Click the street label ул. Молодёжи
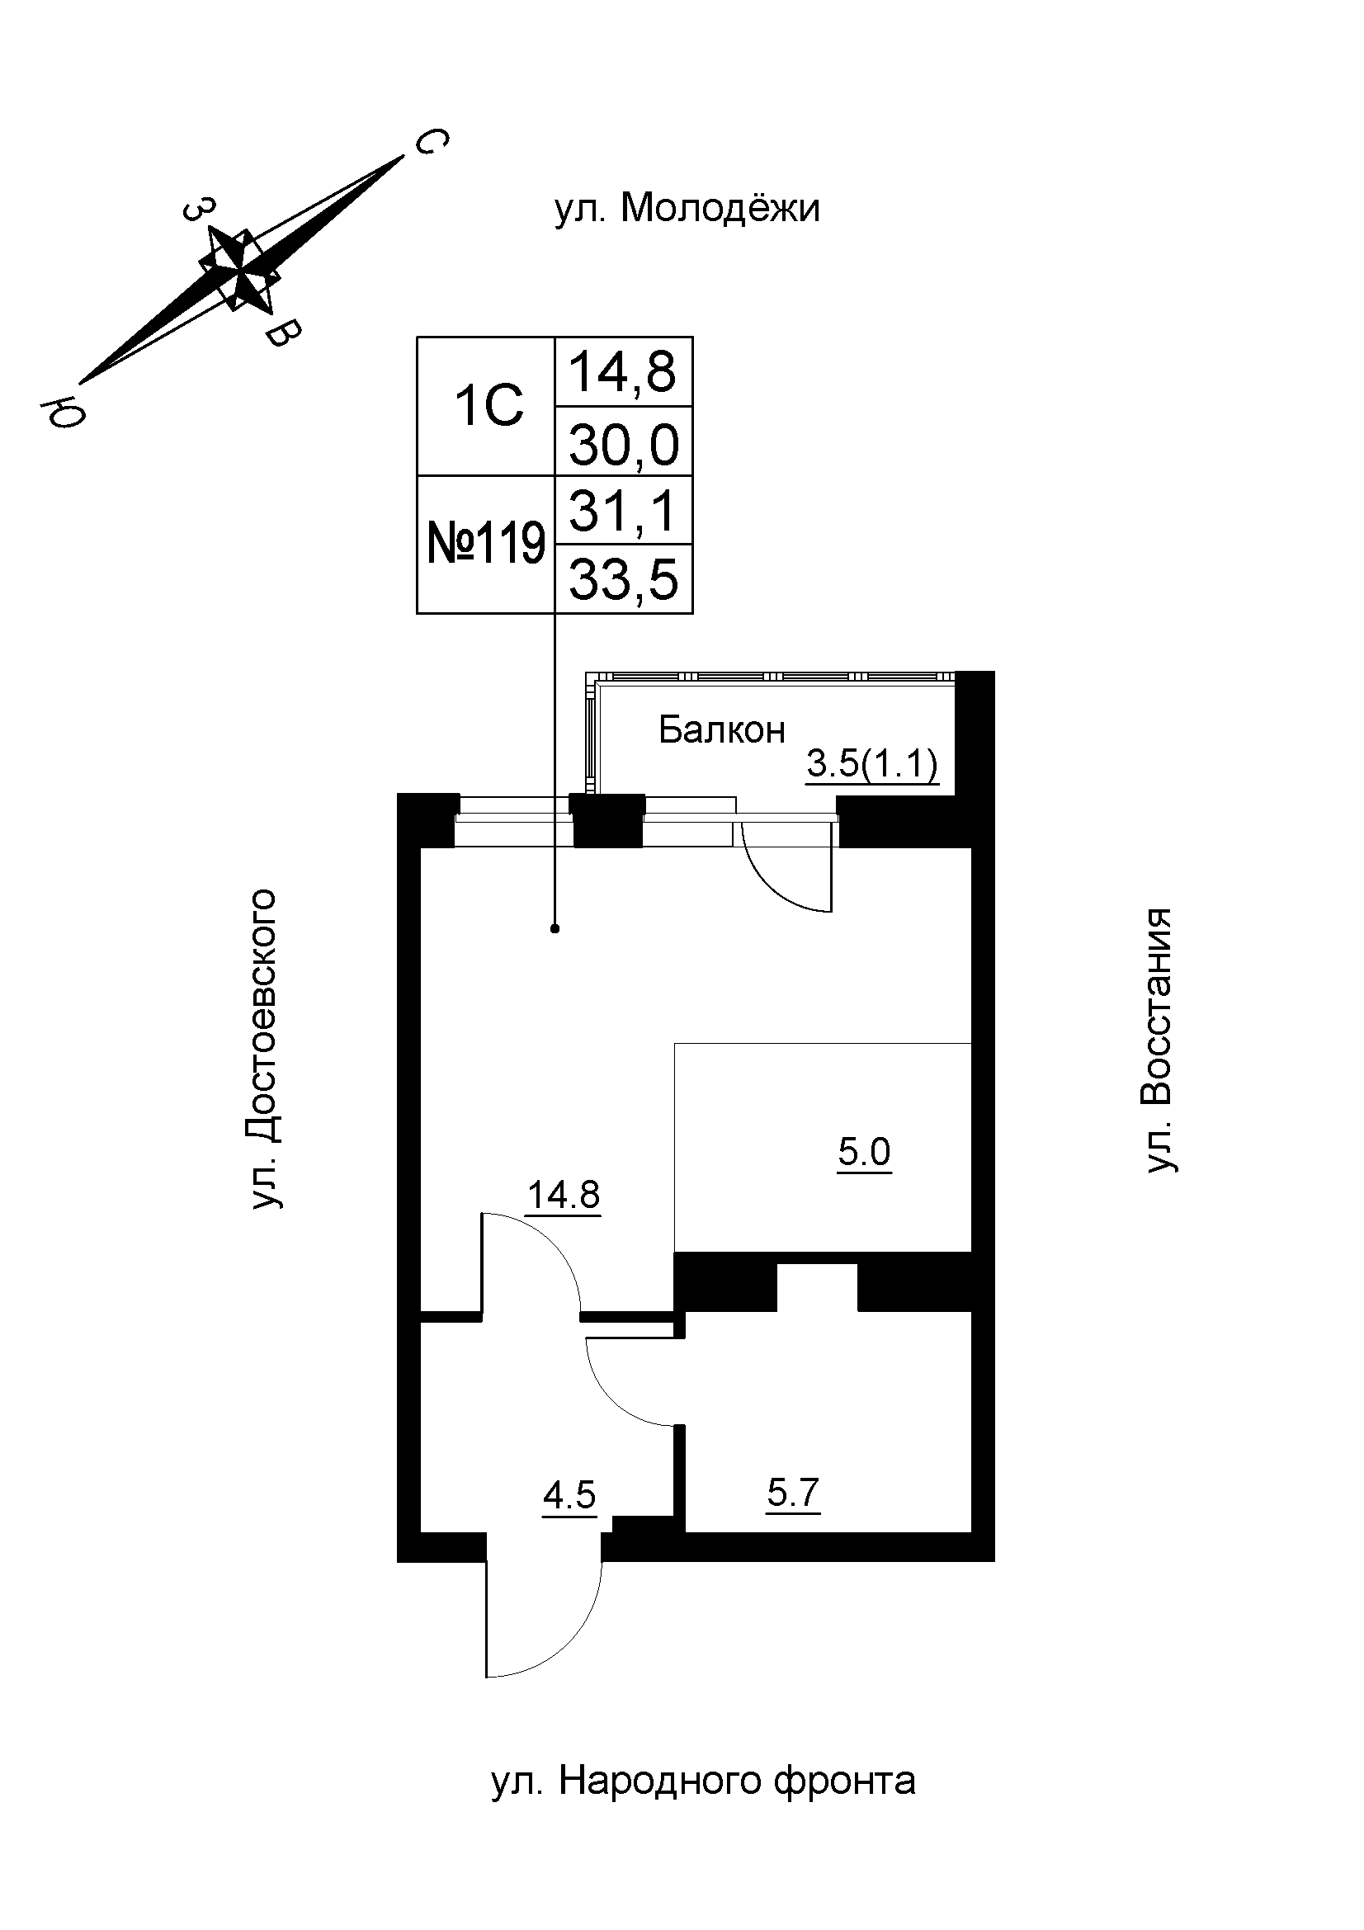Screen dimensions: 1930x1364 (687, 208)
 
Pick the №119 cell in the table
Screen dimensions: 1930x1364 (487, 544)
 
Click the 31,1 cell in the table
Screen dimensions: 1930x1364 (623, 511)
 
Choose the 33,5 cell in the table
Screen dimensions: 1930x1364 (624, 579)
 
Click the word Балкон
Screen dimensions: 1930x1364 (721, 729)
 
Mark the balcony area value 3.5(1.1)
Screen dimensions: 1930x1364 (871, 765)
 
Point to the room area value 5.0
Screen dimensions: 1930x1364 (864, 1153)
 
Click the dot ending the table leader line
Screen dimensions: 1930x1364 (555, 928)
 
